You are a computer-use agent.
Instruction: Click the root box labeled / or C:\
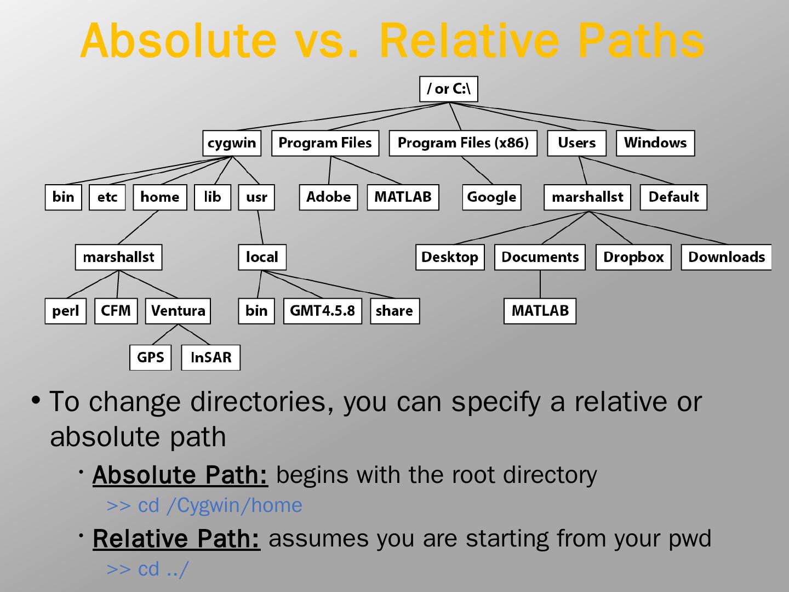coord(448,89)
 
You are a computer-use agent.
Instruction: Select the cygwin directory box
coord(232,143)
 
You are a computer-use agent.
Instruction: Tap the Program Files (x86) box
coord(463,143)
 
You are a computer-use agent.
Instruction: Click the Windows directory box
coord(655,143)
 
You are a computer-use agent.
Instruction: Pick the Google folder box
coord(491,197)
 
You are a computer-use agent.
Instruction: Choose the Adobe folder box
coord(328,197)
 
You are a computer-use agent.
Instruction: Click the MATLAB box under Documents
coord(540,311)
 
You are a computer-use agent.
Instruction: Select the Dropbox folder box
coord(633,257)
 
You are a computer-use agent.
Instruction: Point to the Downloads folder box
coord(726,257)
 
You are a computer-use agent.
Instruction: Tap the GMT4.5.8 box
coord(322,311)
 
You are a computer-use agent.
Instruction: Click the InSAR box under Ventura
coord(211,357)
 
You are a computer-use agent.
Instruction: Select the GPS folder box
coord(150,357)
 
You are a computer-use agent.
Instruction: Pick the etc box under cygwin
coord(107,197)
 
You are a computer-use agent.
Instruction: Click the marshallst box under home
coord(118,257)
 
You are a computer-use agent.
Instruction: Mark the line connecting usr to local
coord(260,227)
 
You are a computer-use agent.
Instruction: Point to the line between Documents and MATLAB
coord(540,284)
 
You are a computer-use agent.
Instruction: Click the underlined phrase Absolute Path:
coord(180,475)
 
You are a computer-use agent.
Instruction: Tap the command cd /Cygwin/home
coord(220,505)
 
